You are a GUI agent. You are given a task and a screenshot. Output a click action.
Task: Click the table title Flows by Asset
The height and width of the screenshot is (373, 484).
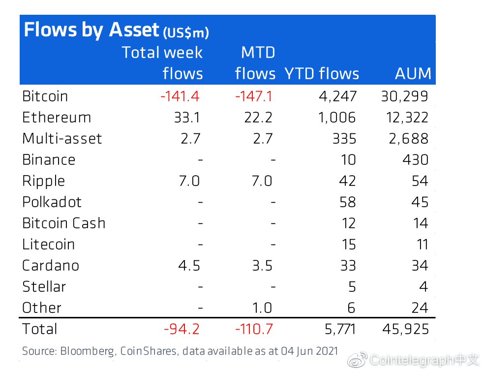click(91, 30)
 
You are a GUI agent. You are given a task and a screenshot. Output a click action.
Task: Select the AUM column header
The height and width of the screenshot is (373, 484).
click(413, 73)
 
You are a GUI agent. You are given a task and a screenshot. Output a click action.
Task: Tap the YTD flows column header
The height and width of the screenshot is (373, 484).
click(322, 73)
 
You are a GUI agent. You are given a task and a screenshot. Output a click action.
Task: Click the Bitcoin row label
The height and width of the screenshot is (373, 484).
click(45, 96)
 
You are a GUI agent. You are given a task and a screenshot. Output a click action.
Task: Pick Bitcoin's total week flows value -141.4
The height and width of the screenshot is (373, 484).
click(180, 96)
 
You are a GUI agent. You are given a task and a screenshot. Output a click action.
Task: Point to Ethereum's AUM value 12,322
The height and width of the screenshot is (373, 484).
click(407, 118)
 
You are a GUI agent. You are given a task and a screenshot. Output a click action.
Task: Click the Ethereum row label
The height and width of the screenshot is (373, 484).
click(57, 118)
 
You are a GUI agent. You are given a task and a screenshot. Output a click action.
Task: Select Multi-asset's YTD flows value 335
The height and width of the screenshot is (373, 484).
click(344, 139)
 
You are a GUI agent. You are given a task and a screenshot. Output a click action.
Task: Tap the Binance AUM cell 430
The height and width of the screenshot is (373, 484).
click(416, 160)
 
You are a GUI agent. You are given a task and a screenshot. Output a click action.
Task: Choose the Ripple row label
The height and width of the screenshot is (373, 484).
click(43, 181)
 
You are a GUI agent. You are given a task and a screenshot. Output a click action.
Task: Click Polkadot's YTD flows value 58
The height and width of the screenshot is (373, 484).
click(348, 202)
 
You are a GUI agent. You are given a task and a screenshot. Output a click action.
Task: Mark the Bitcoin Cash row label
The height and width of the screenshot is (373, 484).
click(64, 223)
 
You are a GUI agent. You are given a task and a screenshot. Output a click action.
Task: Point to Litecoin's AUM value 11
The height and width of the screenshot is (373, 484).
click(422, 245)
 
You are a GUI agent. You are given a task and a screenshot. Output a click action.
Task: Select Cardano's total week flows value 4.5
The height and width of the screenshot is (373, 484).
click(189, 266)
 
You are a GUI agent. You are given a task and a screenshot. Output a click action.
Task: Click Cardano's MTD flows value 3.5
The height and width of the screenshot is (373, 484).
click(262, 266)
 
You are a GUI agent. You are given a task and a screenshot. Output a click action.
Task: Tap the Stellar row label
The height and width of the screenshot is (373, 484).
click(44, 287)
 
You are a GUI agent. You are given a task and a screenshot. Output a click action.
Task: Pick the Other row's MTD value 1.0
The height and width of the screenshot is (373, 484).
click(262, 308)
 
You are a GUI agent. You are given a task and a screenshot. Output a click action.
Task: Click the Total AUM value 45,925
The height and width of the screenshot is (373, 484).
click(405, 329)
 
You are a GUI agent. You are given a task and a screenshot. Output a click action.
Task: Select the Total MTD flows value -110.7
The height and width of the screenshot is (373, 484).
click(254, 329)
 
